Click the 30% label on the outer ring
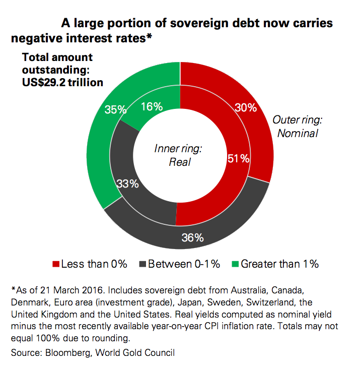(x=246, y=107)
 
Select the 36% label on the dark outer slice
(x=192, y=237)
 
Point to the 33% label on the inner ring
(x=128, y=184)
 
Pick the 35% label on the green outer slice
(x=115, y=109)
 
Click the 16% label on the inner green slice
(x=152, y=106)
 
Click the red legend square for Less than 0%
(x=55, y=264)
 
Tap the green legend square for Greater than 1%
(x=235, y=264)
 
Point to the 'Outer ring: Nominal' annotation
(x=296, y=127)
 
